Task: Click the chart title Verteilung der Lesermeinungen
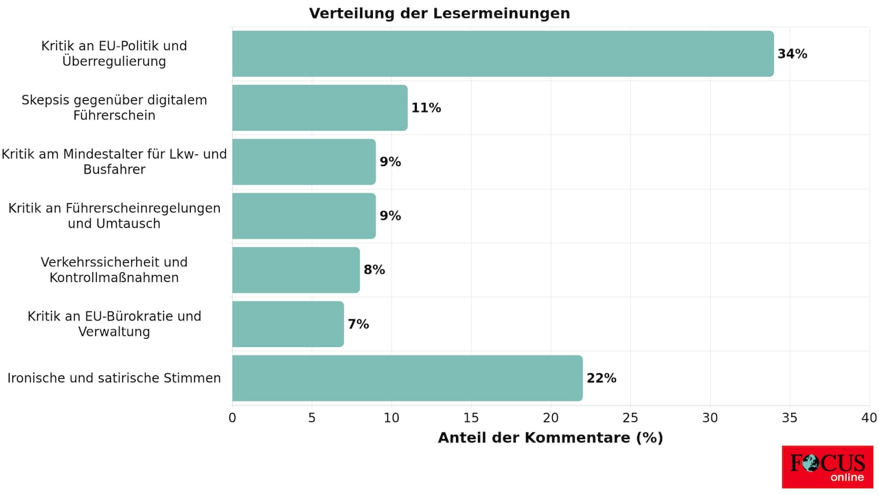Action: tap(439, 14)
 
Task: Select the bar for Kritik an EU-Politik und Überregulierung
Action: tap(503, 54)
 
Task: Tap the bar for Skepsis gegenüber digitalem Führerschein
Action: tap(319, 108)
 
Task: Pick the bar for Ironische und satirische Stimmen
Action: tap(407, 378)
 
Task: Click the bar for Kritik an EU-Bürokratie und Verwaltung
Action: tap(288, 324)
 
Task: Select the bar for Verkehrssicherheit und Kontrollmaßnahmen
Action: tap(296, 270)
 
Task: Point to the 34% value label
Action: tap(792, 54)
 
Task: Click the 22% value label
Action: tap(601, 379)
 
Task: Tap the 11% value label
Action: tap(426, 108)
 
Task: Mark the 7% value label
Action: tap(358, 325)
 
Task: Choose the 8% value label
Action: tap(374, 270)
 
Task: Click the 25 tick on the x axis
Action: tap(630, 418)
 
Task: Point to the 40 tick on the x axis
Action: tap(869, 418)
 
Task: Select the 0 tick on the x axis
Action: tap(232, 418)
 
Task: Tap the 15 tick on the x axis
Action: tap(471, 418)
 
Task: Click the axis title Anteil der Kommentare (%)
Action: tap(550, 438)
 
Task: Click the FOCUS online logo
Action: tap(827, 467)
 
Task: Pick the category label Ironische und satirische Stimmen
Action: tap(114, 378)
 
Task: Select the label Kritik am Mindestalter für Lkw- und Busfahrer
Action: tap(114, 162)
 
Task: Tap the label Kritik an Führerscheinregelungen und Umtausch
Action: tap(114, 215)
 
